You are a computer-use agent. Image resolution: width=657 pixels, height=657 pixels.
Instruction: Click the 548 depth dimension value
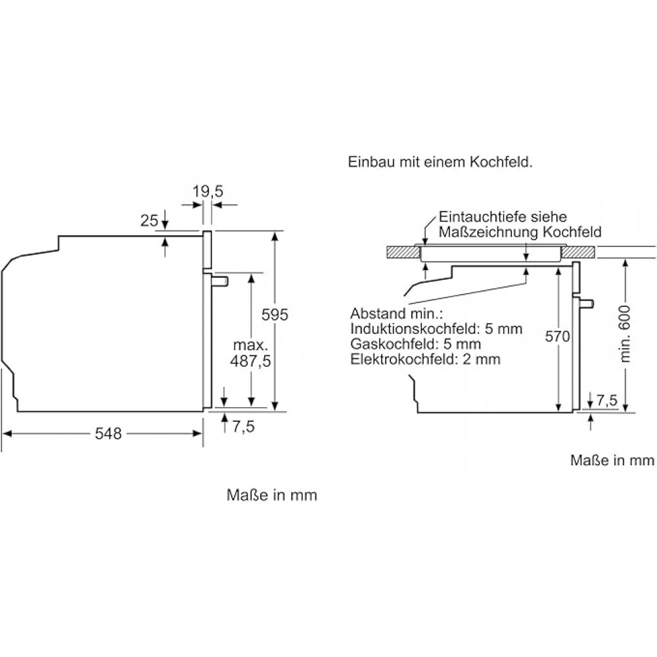click(x=107, y=434)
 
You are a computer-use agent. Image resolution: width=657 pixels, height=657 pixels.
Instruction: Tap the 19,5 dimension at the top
click(x=209, y=192)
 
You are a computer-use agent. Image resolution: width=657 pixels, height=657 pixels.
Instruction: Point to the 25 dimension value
click(x=150, y=221)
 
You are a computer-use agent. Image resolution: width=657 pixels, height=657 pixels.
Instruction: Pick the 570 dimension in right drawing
click(x=558, y=337)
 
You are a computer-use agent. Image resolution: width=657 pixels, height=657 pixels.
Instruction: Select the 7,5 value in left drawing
click(x=243, y=426)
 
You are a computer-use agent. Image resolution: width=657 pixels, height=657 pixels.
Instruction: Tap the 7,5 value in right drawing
click(x=608, y=400)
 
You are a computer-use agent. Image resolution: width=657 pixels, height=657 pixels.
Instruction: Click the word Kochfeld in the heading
click(x=503, y=164)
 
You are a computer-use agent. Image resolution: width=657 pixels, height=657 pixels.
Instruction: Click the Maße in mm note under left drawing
click(x=271, y=495)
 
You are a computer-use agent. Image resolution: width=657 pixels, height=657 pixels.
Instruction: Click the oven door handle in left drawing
click(x=220, y=281)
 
